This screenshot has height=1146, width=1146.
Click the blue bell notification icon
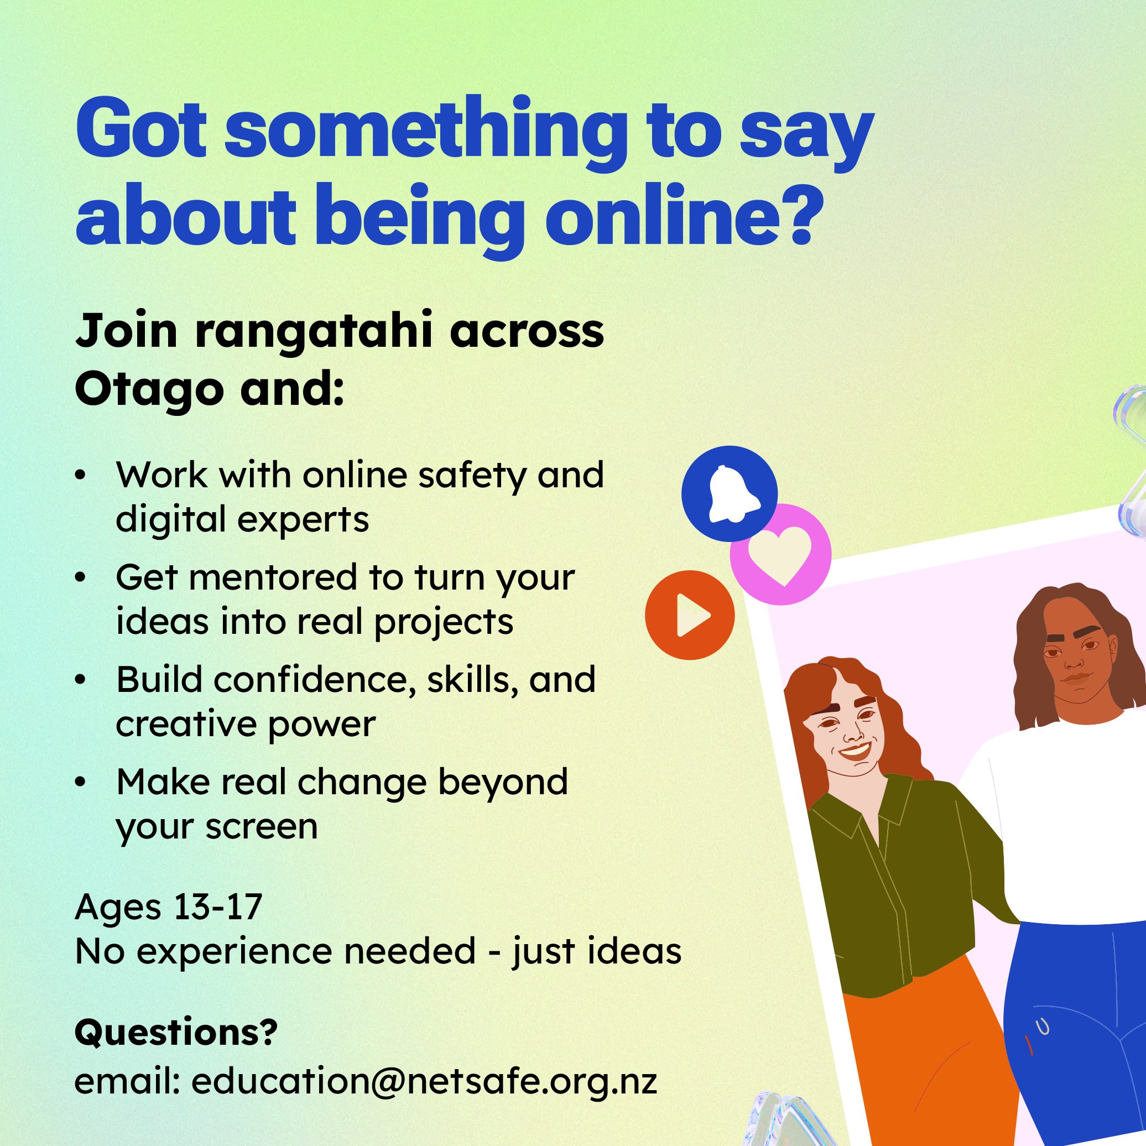click(x=729, y=493)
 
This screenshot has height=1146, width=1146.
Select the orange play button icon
click(x=690, y=615)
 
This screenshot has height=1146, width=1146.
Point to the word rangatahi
click(x=314, y=331)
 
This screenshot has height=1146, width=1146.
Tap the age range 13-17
click(x=218, y=907)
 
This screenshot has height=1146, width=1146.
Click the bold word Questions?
click(x=176, y=1032)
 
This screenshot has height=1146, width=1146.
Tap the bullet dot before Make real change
click(x=81, y=783)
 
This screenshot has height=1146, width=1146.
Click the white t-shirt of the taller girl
click(x=1062, y=819)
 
